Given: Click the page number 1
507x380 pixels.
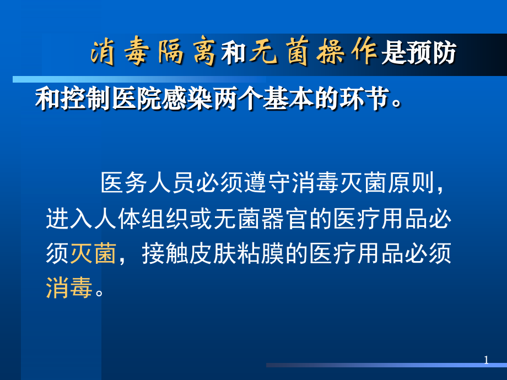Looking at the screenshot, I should (x=486, y=360).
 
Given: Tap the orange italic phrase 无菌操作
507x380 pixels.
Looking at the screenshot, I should (x=314, y=53).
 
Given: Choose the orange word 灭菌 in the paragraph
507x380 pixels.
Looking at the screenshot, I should (x=93, y=254).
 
